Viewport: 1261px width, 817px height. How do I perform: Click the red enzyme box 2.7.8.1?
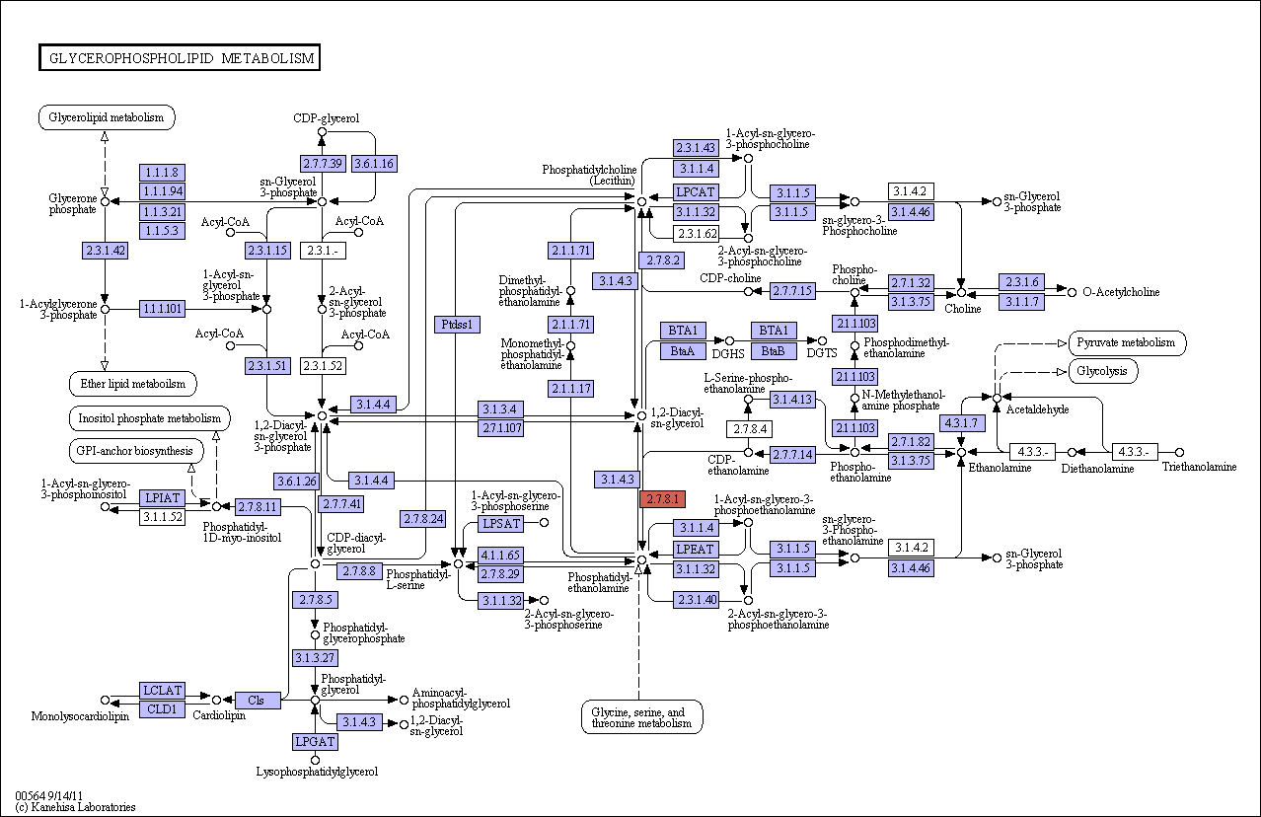[x=663, y=499]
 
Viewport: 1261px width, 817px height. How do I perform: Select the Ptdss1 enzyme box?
[x=457, y=325]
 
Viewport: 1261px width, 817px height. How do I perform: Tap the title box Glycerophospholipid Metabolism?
[x=180, y=57]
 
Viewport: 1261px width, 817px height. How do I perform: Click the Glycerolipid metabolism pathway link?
[x=107, y=117]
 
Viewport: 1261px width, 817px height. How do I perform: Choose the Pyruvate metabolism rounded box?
[x=1127, y=343]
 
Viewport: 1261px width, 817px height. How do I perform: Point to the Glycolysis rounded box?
[x=1102, y=372]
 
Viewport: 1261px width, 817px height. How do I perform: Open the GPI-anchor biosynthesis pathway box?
[x=135, y=451]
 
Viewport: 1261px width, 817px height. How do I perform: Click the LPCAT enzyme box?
[x=696, y=192]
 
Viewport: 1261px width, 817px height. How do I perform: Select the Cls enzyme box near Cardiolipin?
[x=257, y=701]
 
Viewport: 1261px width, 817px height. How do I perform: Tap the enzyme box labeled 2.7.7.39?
[x=323, y=164]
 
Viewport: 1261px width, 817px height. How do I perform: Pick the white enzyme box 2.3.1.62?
[x=696, y=234]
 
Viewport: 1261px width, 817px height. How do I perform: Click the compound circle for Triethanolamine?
[x=1179, y=452]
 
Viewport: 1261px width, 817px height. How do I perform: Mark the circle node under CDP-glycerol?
[x=322, y=132]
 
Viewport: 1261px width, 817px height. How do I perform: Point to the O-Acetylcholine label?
[x=1122, y=292]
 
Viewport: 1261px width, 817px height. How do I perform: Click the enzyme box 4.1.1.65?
[x=500, y=556]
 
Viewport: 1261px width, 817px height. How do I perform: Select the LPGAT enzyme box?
[x=316, y=742]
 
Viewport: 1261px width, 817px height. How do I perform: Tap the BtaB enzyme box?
[x=774, y=351]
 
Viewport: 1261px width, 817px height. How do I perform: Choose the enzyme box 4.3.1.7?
[x=962, y=423]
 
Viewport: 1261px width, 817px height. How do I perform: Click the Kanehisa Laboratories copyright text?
[x=75, y=807]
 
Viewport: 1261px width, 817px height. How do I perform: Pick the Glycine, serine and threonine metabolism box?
[x=641, y=717]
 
